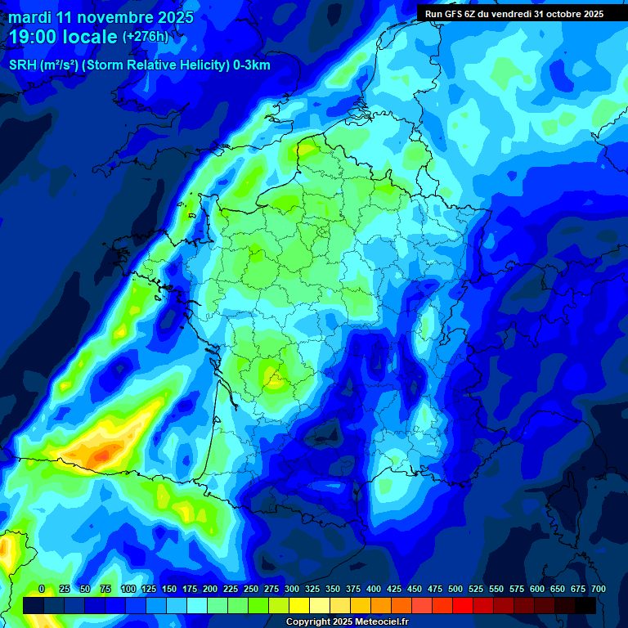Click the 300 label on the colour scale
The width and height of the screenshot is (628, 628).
coord(292,589)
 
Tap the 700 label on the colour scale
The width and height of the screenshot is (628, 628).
coord(598,589)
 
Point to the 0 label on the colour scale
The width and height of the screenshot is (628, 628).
coord(42,589)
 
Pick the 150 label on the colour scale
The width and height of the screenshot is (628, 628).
coord(169,589)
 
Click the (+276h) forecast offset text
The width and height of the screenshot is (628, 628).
coord(146,37)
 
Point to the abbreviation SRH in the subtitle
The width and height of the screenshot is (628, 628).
coord(23,65)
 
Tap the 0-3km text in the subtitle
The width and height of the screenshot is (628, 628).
coord(250,65)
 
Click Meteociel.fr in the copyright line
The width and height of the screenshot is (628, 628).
coord(379,622)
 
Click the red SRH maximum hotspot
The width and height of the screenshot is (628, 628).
coord(101,454)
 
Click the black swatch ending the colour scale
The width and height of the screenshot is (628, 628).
coord(585,605)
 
